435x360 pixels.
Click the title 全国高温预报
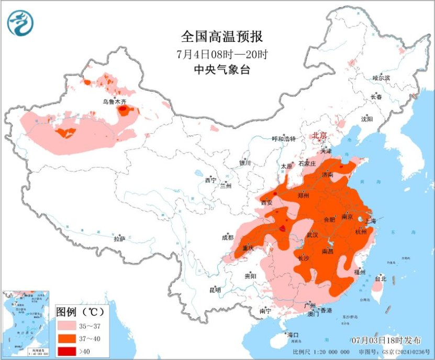tap(221, 37)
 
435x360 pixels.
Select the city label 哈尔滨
tap(381, 78)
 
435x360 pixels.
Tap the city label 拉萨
tap(120, 238)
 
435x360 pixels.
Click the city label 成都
tap(228, 237)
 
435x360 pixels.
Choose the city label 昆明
tap(215, 290)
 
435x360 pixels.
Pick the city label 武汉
tap(312, 235)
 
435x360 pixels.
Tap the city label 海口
tap(292, 335)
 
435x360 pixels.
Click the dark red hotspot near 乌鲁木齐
tap(124, 110)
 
